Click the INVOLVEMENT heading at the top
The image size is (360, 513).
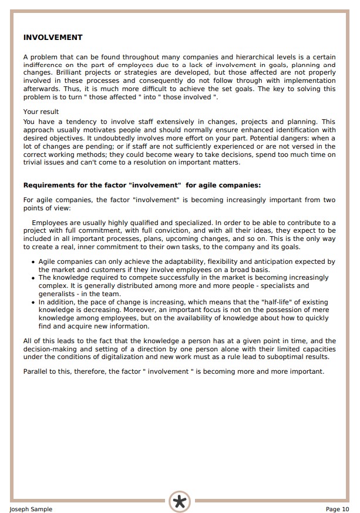[x=53, y=38]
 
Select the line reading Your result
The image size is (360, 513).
[x=41, y=112]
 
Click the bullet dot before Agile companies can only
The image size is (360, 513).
[x=32, y=262]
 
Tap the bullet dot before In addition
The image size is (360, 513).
[x=32, y=303]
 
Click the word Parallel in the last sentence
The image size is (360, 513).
[x=36, y=371]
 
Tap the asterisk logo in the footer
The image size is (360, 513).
[x=180, y=501]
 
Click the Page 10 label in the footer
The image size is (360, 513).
[x=337, y=509]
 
